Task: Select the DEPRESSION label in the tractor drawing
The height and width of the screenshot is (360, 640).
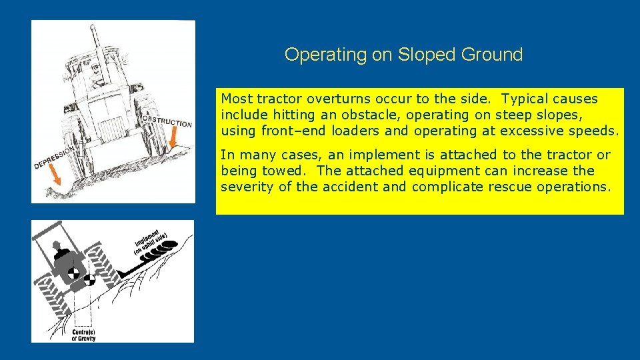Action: tap(55, 157)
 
